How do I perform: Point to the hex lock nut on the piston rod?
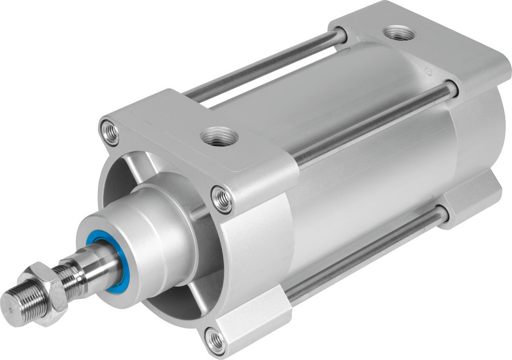coord(43,293)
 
